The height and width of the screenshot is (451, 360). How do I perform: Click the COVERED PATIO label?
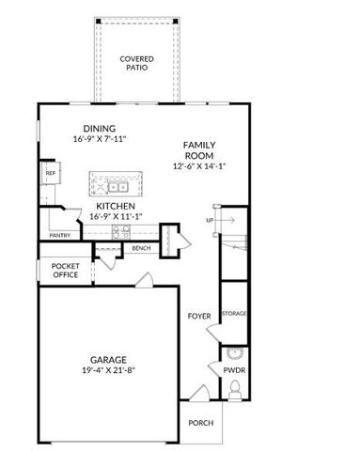[136, 64]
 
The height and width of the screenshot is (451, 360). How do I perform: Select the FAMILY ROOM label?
[200, 150]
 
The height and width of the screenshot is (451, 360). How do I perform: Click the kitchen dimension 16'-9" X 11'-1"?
[116, 216]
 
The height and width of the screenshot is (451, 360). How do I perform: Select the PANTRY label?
[59, 236]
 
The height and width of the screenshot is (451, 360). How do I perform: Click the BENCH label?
[141, 248]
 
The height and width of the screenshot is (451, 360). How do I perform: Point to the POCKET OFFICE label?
[66, 271]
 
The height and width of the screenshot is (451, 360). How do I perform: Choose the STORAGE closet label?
[233, 313]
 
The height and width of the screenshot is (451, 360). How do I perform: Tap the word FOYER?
[199, 316]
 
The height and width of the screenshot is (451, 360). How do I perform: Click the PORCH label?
[201, 423]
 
